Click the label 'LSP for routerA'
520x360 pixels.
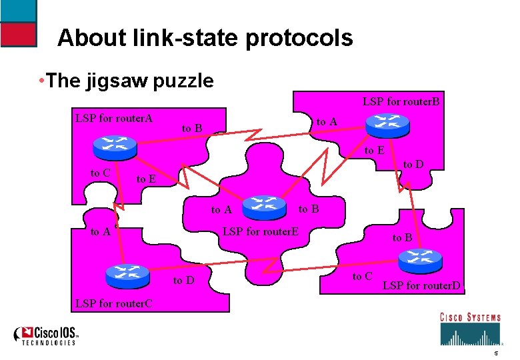(114, 119)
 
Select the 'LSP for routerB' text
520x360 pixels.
(401, 102)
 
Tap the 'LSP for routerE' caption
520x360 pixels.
(260, 231)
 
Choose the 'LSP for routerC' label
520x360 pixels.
(114, 303)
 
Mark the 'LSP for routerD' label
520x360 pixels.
(421, 287)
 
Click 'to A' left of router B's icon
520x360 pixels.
(327, 121)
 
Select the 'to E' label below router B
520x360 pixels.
(374, 151)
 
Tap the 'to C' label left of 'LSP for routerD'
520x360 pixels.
(363, 276)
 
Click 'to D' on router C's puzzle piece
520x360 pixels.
(183, 280)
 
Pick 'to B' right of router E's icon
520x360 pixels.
(309, 209)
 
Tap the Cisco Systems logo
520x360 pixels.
(469, 327)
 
